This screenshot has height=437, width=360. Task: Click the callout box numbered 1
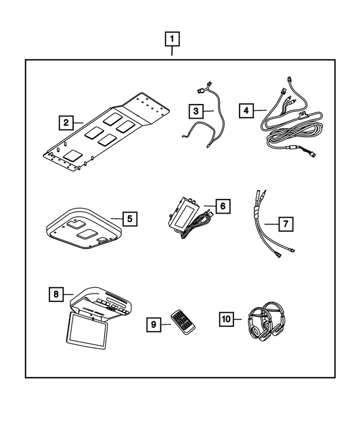pyautogui.click(x=172, y=40)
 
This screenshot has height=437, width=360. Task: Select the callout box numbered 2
pyautogui.click(x=66, y=121)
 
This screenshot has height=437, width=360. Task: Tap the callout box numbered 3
pyautogui.click(x=195, y=111)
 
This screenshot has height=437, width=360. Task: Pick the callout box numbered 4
pyautogui.click(x=245, y=110)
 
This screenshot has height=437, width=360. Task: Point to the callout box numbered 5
pyautogui.click(x=129, y=218)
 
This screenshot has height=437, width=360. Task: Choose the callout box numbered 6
pyautogui.click(x=222, y=206)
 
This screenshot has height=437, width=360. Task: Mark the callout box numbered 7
pyautogui.click(x=286, y=224)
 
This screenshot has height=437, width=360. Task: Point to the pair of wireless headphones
pyautogui.click(x=265, y=322)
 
